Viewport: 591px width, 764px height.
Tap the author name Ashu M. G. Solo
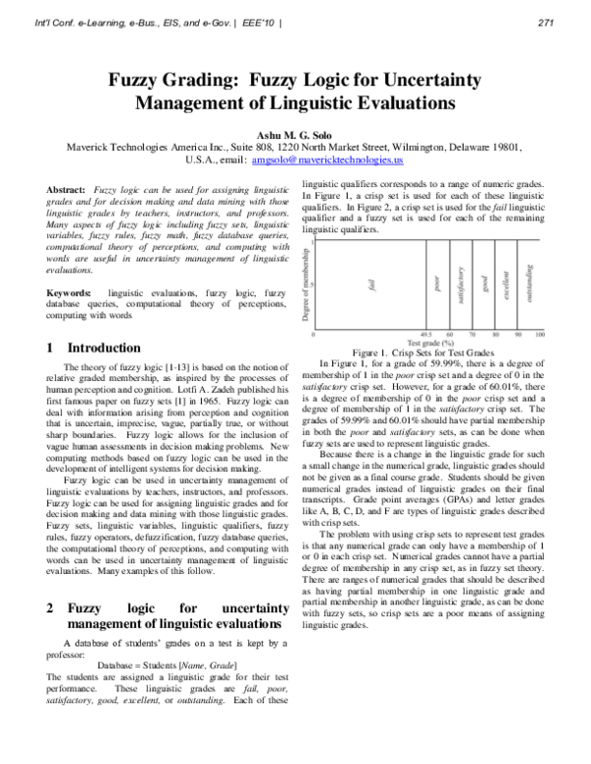(295, 129)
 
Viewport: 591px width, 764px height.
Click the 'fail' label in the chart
(372, 285)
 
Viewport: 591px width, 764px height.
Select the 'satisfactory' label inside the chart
(460, 284)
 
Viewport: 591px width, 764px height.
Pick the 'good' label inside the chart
(485, 285)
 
